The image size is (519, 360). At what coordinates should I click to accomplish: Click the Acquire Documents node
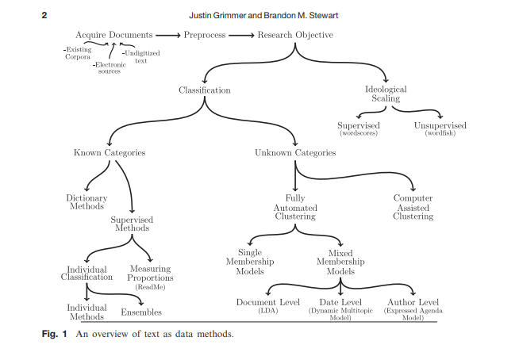pos(113,35)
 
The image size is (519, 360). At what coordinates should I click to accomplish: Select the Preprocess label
pos(205,35)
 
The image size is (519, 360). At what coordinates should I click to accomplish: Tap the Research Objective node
pos(295,35)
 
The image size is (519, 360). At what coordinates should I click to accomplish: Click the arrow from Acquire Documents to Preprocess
pos(168,35)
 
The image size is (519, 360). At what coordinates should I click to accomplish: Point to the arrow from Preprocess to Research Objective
pos(241,35)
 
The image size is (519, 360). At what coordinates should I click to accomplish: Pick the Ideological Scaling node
pos(386,94)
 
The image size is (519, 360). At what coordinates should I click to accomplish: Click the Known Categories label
pos(110,152)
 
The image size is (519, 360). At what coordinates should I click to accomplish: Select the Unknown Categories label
pos(295,152)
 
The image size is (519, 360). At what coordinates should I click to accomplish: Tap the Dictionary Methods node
pos(86,202)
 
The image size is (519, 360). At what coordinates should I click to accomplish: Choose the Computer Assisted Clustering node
pos(413,207)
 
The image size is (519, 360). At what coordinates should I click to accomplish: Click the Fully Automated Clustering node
pos(295,207)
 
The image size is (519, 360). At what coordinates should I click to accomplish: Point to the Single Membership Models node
pos(250,262)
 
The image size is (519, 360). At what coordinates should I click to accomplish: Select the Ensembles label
pos(141,312)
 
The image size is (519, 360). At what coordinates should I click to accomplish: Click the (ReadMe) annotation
pos(150,287)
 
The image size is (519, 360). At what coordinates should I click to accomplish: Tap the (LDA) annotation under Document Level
pos(267,311)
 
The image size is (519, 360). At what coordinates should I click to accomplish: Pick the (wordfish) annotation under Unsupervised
pos(440,133)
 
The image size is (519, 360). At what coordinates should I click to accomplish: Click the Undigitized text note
pos(141,57)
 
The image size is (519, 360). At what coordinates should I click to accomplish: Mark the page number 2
pos(44,15)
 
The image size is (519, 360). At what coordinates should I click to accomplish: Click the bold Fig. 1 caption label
pos(54,334)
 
